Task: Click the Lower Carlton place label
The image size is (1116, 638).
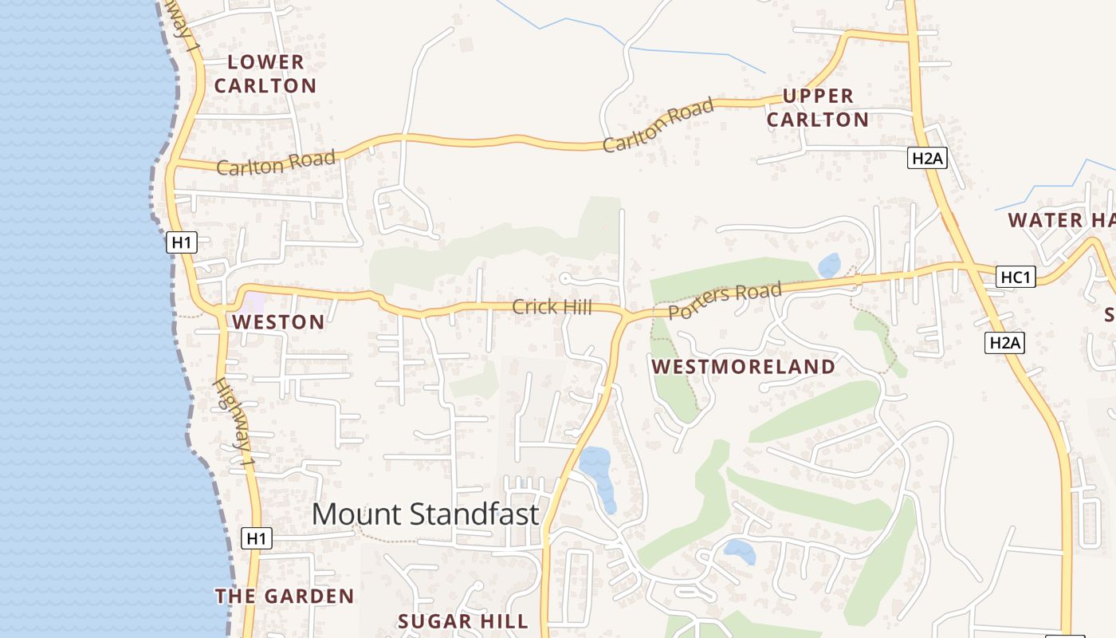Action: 265,73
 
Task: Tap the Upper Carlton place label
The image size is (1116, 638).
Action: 817,108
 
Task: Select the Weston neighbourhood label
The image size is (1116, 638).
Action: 278,322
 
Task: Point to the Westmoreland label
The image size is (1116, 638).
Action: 743,367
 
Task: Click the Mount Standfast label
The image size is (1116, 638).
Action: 425,514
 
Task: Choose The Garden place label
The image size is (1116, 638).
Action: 285,596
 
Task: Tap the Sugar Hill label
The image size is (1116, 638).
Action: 462,621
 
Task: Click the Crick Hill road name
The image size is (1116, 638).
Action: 552,307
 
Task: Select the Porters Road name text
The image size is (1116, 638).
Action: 725,301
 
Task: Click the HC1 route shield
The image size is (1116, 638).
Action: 1016,277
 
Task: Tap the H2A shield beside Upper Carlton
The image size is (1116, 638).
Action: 927,158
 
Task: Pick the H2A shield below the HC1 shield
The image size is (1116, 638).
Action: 1004,343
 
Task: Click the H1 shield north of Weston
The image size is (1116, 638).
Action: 182,242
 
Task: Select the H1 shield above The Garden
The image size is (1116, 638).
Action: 256,538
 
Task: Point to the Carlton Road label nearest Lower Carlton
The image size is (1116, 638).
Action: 276,163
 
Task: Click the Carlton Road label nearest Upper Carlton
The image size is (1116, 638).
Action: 658,127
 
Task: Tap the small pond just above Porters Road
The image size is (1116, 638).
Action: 829,265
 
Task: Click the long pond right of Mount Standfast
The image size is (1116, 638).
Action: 598,477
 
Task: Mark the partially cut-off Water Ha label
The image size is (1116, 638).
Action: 1060,220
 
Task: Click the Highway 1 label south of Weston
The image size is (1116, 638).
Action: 234,423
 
